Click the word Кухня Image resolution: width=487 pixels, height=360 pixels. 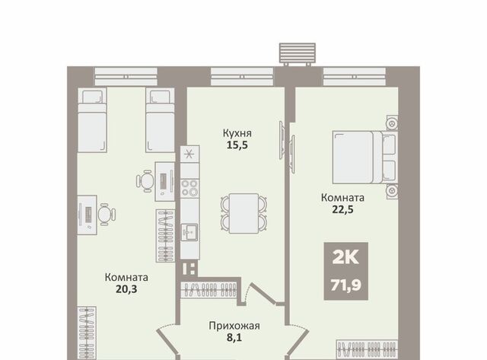pos(237,133)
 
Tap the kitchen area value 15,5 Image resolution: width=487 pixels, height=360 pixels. pos(237,145)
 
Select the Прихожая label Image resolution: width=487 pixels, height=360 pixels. pos(234,327)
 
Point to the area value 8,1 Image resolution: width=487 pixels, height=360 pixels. pos(234,337)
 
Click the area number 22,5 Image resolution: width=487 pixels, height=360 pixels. pos(342,209)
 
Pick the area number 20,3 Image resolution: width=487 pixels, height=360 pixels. pos(126,289)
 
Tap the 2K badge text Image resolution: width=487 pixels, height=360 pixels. pos(345,257)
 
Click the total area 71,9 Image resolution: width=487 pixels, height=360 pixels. pos(345,285)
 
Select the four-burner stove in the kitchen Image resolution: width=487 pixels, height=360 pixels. pos(189,188)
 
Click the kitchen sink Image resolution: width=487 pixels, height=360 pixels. pos(189,231)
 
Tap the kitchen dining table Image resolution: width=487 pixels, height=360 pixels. pos(243,213)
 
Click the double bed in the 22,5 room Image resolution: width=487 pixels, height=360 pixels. pos(364,158)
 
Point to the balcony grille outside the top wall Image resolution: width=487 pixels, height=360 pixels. pos(298,53)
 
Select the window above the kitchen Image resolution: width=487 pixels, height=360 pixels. pos(242,77)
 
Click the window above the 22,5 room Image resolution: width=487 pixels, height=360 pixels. pos(355,77)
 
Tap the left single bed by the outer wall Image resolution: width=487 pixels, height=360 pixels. pos(92,120)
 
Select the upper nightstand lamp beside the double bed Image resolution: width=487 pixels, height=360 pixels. pos(392,123)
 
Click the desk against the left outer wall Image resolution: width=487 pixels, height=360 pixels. pos(87,215)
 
